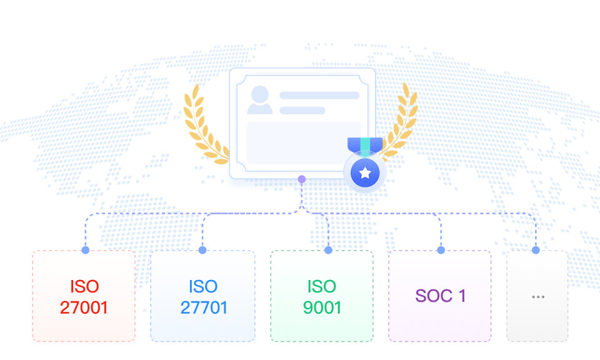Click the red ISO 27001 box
coord(84,296)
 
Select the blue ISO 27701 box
coord(202,296)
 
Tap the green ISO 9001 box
coord(322,296)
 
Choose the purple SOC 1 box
coord(440,296)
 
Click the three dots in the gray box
coord(538,297)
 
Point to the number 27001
coord(84,307)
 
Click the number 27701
coord(204,307)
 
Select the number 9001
coord(322,307)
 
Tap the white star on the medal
coord(365,173)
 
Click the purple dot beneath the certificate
coord(301,179)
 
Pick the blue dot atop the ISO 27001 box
coord(86,250)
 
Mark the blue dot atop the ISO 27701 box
coord(202,250)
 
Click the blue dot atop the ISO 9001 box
coord(328,250)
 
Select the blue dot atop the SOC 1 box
coord(441,250)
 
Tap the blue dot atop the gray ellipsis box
coord(536,250)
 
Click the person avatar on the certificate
coord(260,100)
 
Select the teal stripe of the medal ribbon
coord(366,146)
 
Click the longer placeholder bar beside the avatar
coord(319,95)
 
